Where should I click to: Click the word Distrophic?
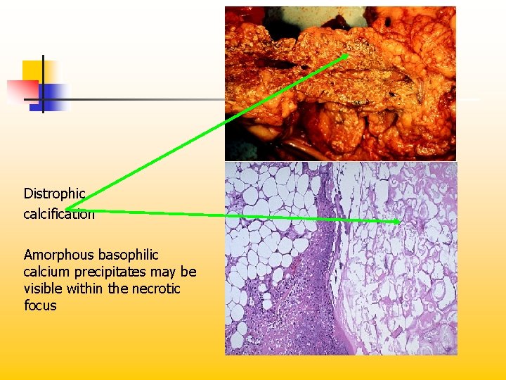pyautogui.click(x=54, y=194)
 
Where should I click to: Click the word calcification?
pyautogui.click(x=59, y=214)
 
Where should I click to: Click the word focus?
pyautogui.click(x=40, y=306)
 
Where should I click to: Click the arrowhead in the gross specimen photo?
pyautogui.click(x=345, y=56)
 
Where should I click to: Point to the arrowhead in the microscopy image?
pyautogui.click(x=398, y=222)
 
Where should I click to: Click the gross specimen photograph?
pyautogui.click(x=340, y=83)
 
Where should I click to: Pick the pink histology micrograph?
pyautogui.click(x=340, y=259)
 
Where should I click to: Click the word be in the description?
pyautogui.click(x=188, y=272)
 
